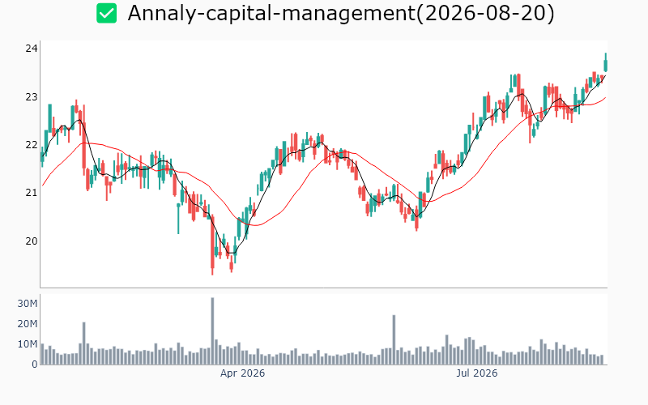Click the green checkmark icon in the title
click(x=107, y=13)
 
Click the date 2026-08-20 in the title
click(x=485, y=13)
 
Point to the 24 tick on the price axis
click(x=32, y=49)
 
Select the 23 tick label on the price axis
click(x=32, y=97)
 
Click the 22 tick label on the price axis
click(x=32, y=145)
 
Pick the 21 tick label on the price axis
click(x=32, y=193)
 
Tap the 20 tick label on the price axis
click(x=32, y=241)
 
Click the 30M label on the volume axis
click(x=28, y=304)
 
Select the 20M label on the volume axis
click(x=28, y=324)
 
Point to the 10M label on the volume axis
click(x=28, y=344)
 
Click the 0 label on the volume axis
click(x=35, y=364)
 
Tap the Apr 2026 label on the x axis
click(x=242, y=373)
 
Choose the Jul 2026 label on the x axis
click(x=477, y=373)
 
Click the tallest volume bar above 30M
click(x=212, y=331)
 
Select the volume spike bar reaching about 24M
click(x=394, y=339)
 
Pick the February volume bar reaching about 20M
click(x=84, y=343)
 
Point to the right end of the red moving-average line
click(x=606, y=97)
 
